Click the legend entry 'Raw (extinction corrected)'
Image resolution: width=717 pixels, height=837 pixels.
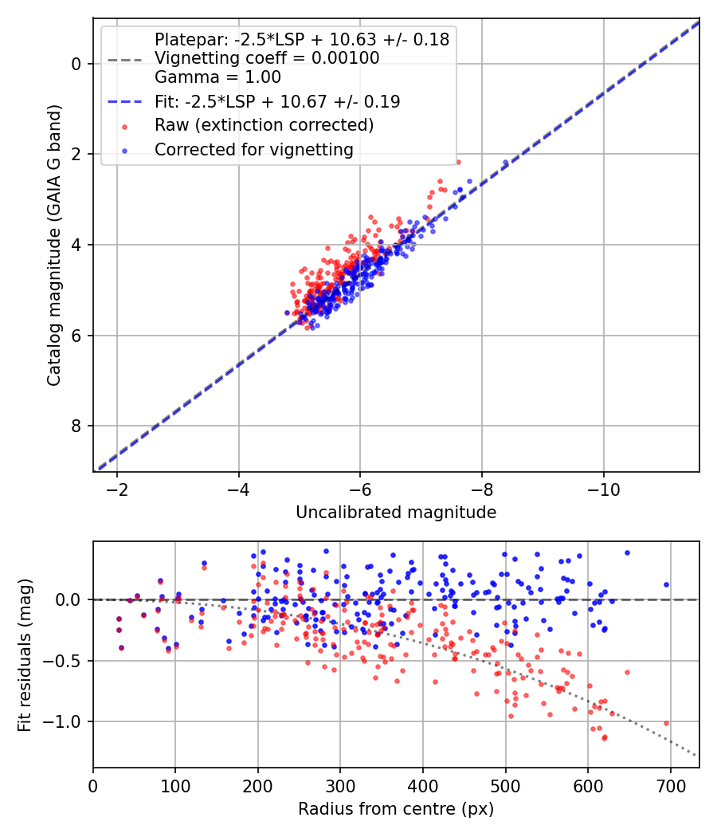pyautogui.click(x=264, y=125)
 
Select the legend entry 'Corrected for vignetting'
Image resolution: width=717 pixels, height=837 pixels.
pyautogui.click(x=253, y=149)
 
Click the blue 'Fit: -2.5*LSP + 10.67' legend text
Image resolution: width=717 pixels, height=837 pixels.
pyautogui.click(x=277, y=102)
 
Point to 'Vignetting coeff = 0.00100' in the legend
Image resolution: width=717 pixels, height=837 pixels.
pyautogui.click(x=267, y=58)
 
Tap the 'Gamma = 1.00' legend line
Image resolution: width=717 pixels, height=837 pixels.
pyautogui.click(x=217, y=77)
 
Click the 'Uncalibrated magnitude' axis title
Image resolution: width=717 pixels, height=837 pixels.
pyautogui.click(x=396, y=513)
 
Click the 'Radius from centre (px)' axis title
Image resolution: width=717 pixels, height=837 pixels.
pyautogui.click(x=396, y=809)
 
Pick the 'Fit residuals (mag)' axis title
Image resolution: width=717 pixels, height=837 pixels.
pyautogui.click(x=25, y=654)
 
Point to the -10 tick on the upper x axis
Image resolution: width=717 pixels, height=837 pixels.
pyautogui.click(x=603, y=488)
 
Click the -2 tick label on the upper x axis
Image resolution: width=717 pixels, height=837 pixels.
pyautogui.click(x=117, y=488)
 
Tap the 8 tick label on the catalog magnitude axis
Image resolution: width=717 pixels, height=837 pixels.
pyautogui.click(x=76, y=426)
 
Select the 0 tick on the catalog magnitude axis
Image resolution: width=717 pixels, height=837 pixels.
pyautogui.click(x=76, y=64)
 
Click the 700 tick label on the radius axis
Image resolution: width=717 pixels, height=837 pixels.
pyautogui.click(x=670, y=784)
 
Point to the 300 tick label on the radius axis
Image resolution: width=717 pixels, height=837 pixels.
pyautogui.click(x=340, y=784)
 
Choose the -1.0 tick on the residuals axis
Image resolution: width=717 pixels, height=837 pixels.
pyautogui.click(x=65, y=721)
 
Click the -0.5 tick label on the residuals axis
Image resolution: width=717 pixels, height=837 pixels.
pyautogui.click(x=65, y=660)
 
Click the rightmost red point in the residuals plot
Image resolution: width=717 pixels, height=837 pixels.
pyautogui.click(x=666, y=723)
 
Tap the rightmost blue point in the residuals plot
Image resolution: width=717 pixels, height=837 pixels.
pyautogui.click(x=666, y=584)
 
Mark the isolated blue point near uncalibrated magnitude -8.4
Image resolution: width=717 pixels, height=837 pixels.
pyautogui.click(x=505, y=163)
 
